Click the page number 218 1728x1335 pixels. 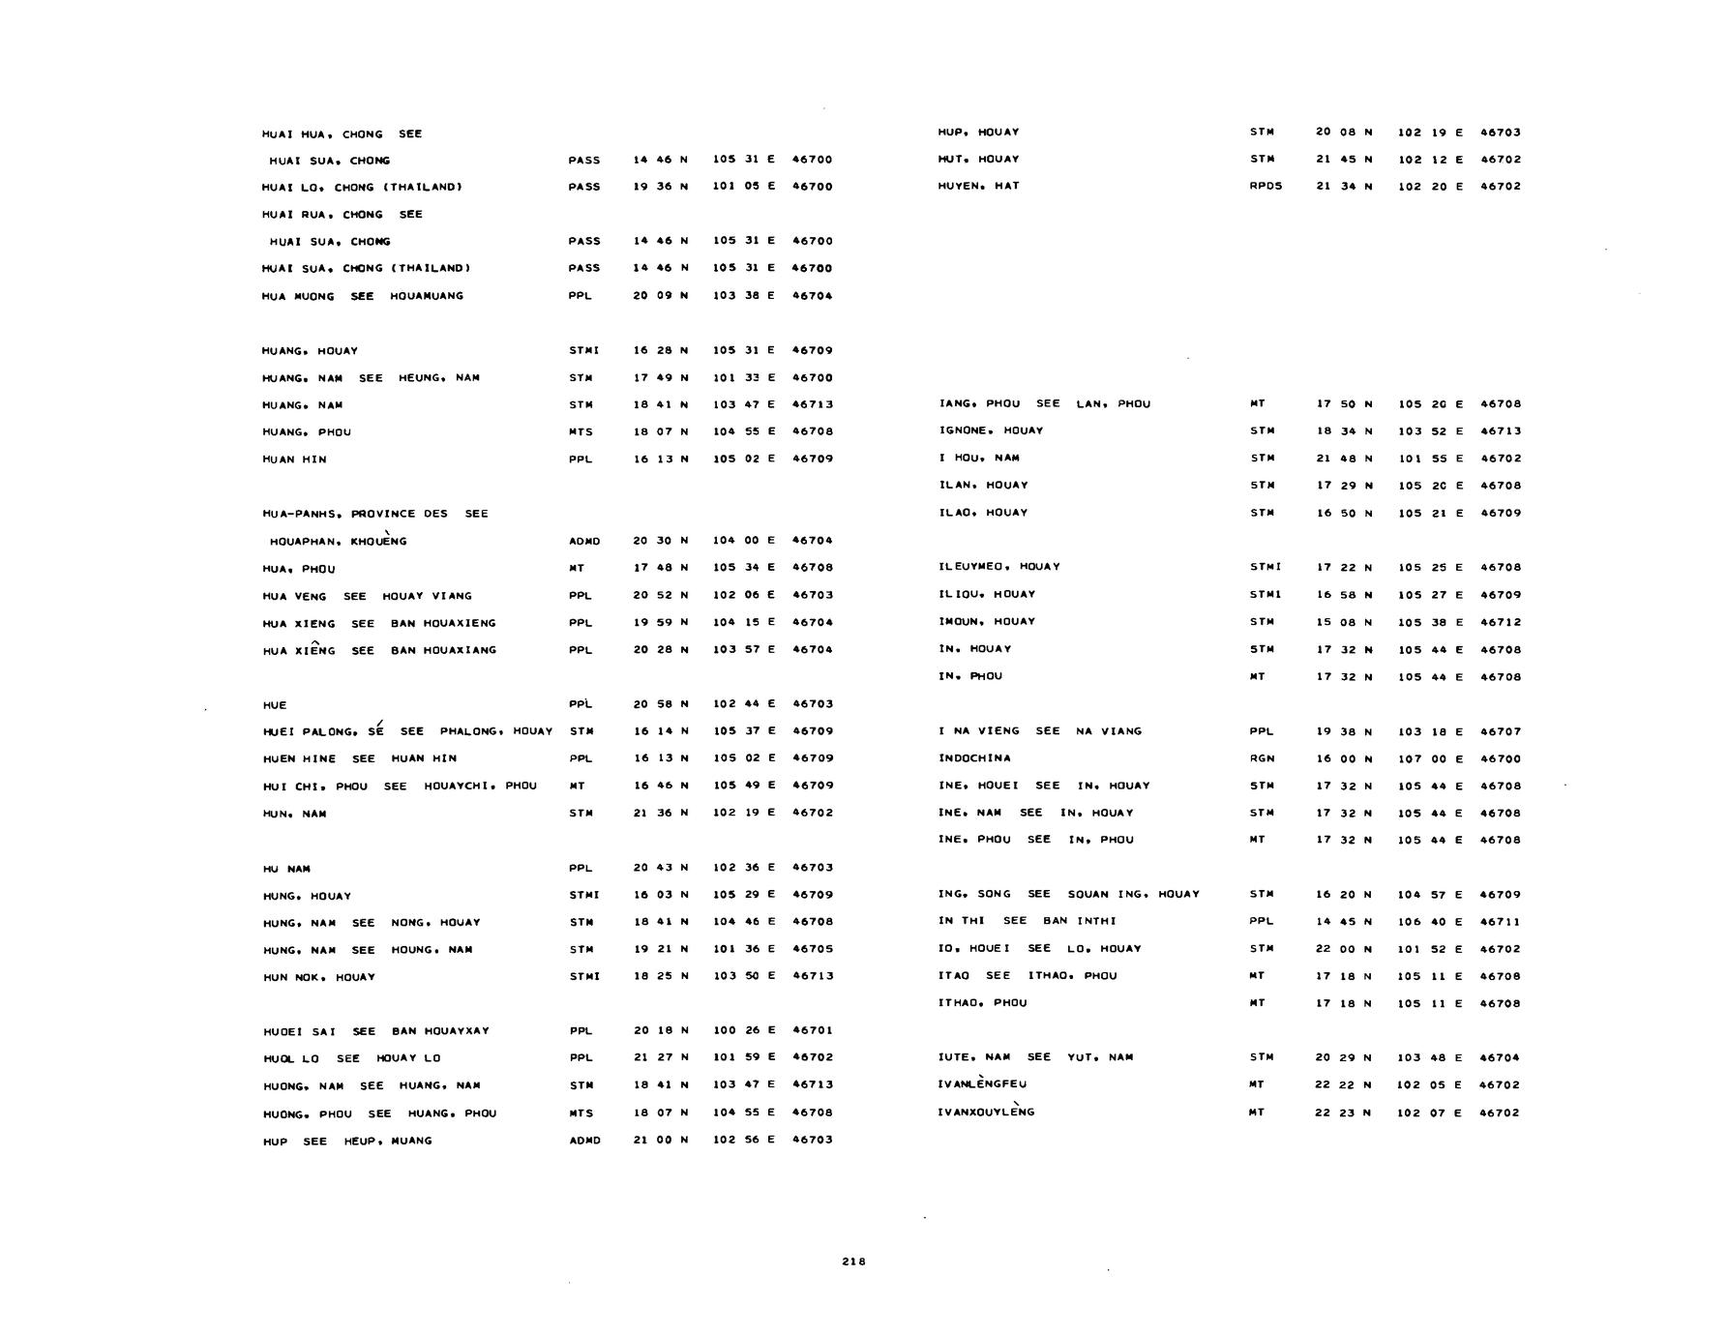(x=853, y=1261)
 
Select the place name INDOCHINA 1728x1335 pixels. (x=974, y=758)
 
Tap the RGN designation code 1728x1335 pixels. (x=1262, y=758)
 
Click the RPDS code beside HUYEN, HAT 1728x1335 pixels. (x=1266, y=186)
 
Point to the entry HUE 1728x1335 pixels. (x=275, y=705)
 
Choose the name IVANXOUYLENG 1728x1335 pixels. (x=986, y=1112)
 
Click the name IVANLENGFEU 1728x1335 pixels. (x=982, y=1085)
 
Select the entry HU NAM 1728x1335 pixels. (x=286, y=869)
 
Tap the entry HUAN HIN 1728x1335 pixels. (x=294, y=460)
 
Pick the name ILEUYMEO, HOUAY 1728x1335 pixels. (x=998, y=567)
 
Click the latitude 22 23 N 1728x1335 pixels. (x=1344, y=1112)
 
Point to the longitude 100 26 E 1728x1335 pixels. (x=744, y=1030)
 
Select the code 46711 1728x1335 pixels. (x=1500, y=922)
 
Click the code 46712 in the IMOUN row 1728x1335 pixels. (x=1500, y=622)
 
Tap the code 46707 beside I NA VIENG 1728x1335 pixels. (x=1500, y=731)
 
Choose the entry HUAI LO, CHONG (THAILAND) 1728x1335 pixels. (x=362, y=187)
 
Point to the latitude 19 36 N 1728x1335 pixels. (x=661, y=187)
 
